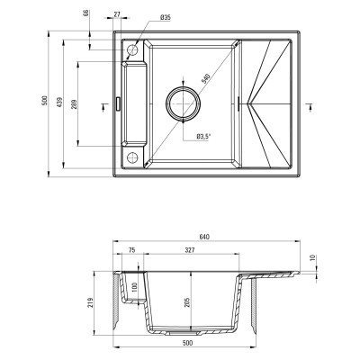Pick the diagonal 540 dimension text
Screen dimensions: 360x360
click(x=208, y=78)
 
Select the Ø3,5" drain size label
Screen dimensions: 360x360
click(x=203, y=136)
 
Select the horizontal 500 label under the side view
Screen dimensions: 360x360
click(x=186, y=343)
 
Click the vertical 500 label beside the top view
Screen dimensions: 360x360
click(x=45, y=101)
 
